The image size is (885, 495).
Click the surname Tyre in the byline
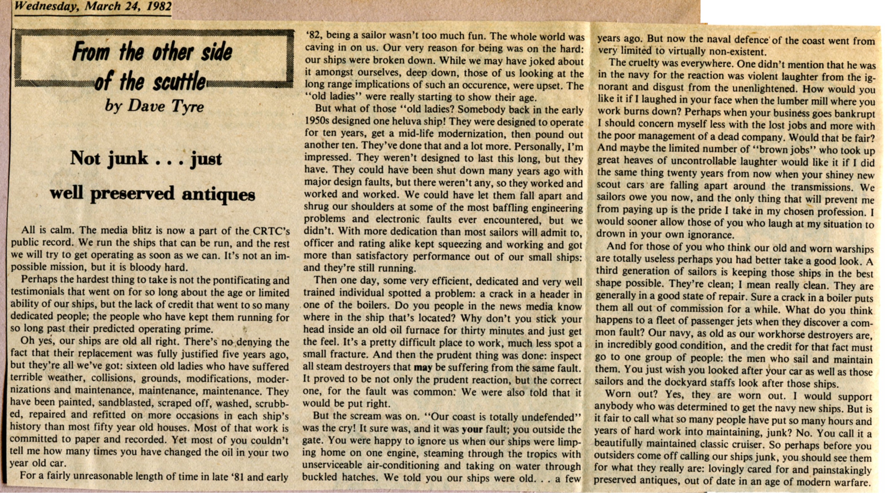187,107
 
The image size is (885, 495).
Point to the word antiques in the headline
218,195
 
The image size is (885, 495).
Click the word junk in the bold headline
128,159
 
